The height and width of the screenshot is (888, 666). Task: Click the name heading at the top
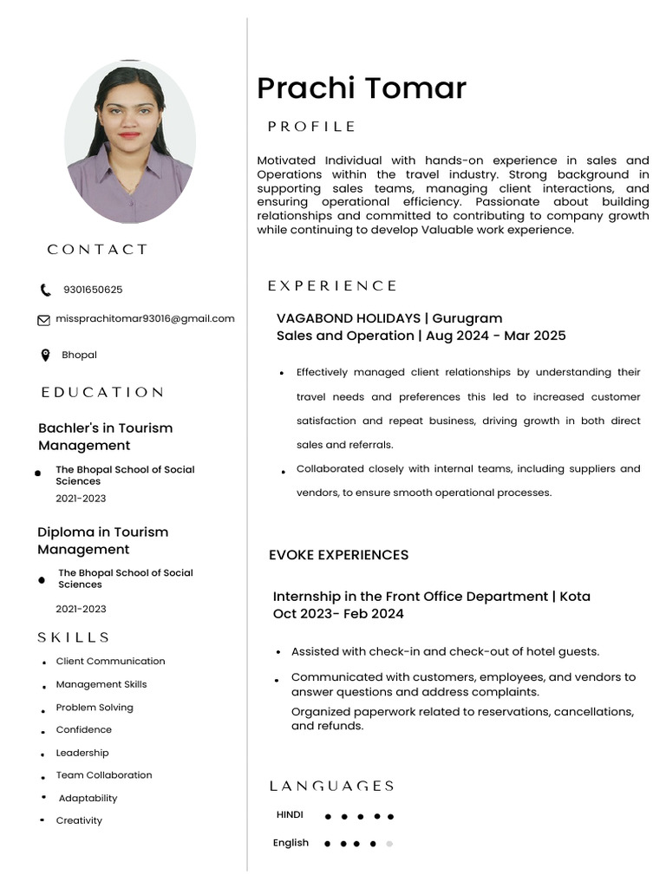[362, 88]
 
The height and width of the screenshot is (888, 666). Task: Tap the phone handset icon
[45, 291]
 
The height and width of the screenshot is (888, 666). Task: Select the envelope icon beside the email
[43, 320]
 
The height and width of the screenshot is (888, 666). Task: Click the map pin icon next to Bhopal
[45, 356]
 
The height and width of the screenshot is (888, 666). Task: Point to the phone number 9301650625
[93, 291]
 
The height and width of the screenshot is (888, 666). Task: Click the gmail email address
[145, 319]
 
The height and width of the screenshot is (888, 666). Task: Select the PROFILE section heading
[311, 127]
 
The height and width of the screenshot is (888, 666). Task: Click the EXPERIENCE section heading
[332, 285]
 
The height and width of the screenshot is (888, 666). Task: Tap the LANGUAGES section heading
[332, 786]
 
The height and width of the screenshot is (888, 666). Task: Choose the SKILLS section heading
[74, 637]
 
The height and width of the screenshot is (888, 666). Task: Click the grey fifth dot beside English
[389, 843]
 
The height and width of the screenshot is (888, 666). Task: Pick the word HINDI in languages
[290, 815]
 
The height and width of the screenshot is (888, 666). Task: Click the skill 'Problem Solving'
[95, 708]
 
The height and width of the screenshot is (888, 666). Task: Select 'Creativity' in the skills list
[79, 820]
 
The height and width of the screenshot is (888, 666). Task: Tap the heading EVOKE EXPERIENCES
[338, 555]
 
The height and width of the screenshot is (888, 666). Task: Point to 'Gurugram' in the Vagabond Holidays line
[467, 318]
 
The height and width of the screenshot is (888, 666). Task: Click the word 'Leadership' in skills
[82, 753]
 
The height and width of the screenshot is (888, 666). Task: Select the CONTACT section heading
[98, 250]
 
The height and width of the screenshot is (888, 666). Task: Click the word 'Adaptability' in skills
[88, 798]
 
